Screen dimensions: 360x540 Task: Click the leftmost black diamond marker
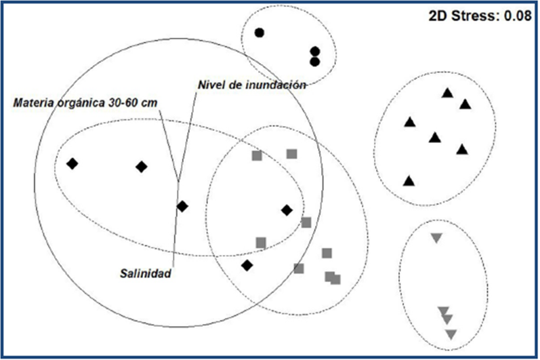tap(72, 163)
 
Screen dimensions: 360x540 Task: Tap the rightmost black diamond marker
tap(287, 210)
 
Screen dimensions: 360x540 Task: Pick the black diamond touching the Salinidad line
tap(182, 206)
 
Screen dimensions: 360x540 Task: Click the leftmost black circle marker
tap(259, 32)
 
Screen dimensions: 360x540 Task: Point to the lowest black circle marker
tap(314, 62)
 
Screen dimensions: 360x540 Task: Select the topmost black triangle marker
tap(446, 93)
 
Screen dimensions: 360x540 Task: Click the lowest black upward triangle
tap(409, 181)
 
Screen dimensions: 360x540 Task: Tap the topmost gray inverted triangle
tap(436, 238)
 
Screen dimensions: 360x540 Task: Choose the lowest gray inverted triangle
tap(451, 334)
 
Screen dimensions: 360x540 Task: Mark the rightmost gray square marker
tap(335, 279)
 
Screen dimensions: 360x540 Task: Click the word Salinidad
tap(143, 275)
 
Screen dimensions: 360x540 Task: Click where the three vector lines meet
tap(178, 180)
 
